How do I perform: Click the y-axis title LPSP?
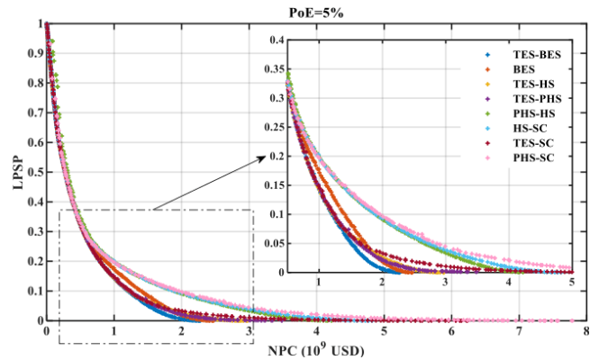[x=14, y=170]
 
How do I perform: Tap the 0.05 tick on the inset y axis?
[x=272, y=243]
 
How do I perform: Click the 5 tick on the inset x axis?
[x=572, y=283]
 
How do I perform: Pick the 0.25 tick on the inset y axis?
[x=272, y=127]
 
